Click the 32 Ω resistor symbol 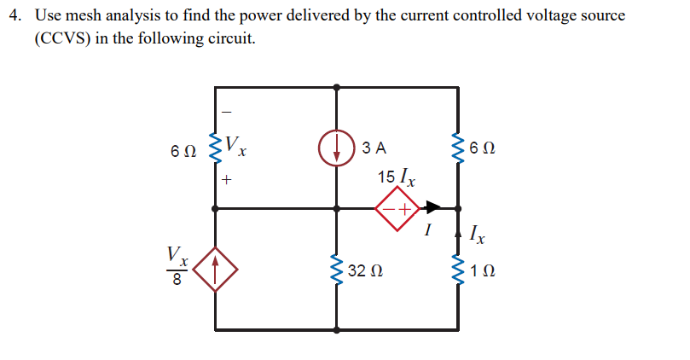pos(337,272)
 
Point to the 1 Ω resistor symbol pos(460,272)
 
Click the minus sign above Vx pos(226,110)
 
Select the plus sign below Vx pos(227,181)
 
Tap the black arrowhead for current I pos(432,207)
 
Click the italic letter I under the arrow pos(431,230)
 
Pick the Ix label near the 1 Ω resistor pos(481,231)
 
